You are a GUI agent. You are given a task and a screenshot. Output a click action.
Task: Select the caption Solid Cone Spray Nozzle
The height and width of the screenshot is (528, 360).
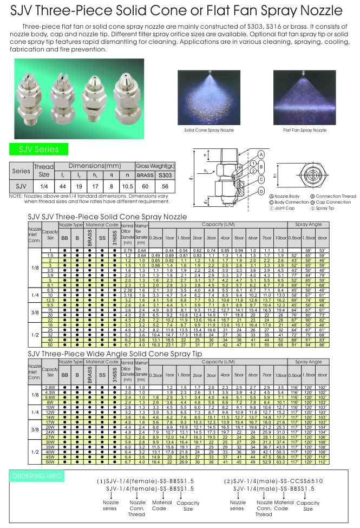point(209,131)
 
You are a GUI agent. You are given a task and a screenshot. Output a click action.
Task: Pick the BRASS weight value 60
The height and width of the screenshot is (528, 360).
point(145,185)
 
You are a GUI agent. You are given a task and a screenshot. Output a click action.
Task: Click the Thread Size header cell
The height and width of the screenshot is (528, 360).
point(44,171)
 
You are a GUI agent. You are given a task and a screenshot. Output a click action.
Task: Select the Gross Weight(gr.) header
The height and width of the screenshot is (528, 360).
point(154,165)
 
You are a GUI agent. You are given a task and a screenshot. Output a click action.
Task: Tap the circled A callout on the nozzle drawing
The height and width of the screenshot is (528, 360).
point(261,153)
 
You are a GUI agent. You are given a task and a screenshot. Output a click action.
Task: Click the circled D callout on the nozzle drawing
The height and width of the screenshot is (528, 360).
point(262,191)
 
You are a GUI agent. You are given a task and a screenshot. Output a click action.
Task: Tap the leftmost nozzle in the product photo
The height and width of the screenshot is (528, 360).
point(27,97)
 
